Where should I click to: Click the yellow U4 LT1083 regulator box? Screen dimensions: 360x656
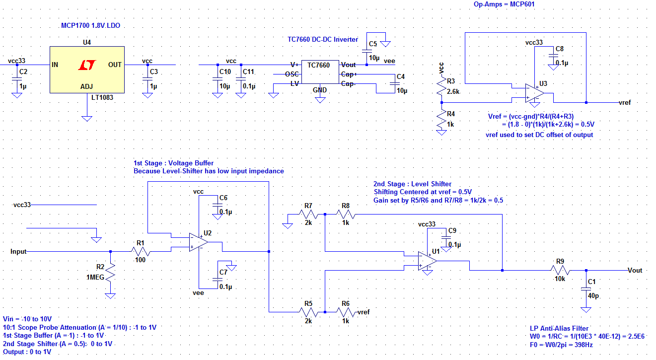[87, 70]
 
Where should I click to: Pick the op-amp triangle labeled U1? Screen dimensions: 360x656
[427, 261]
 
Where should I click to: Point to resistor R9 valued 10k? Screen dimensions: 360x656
[560, 270]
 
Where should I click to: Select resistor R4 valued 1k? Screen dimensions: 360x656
[441, 120]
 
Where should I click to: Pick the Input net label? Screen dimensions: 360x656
[18, 252]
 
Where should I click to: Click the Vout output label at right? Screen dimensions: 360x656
[634, 271]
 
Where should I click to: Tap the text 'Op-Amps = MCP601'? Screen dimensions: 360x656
[504, 4]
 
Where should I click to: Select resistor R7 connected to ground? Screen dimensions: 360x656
[307, 214]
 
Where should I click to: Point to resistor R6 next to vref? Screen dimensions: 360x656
[346, 312]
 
